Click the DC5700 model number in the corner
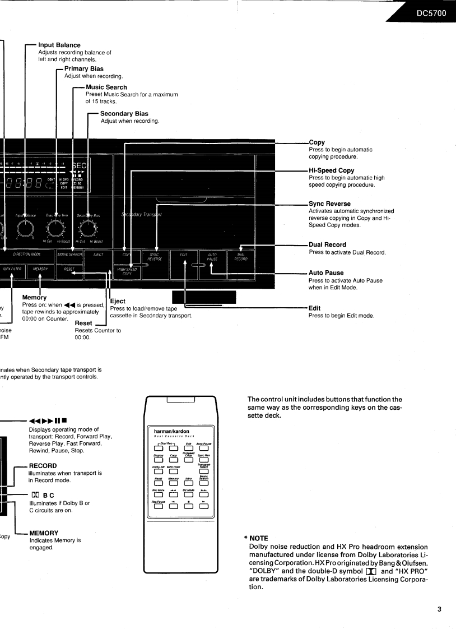[x=429, y=13]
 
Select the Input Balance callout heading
[x=59, y=45]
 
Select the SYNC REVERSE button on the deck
[x=157, y=256]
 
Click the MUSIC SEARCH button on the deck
[x=70, y=255]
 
